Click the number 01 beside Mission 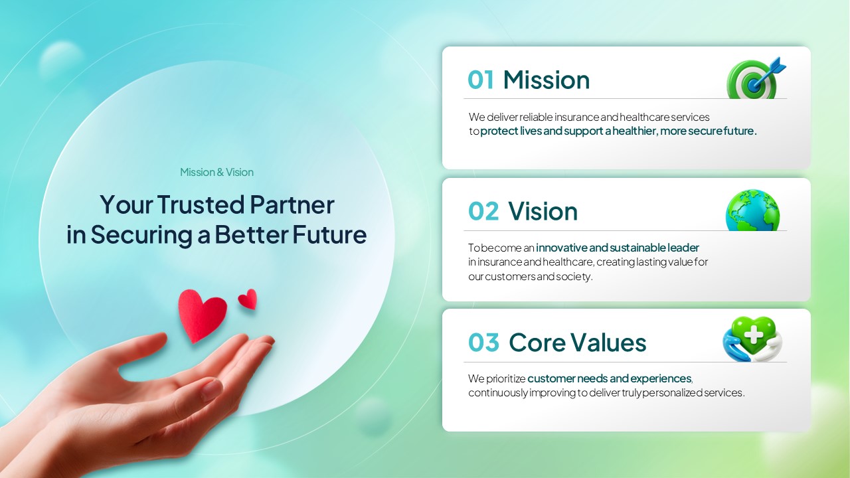point(481,80)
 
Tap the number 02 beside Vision point(483,211)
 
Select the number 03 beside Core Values point(484,343)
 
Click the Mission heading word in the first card point(547,80)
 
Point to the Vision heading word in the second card point(543,211)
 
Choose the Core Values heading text point(577,342)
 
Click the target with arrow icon point(756,78)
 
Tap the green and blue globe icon point(753,210)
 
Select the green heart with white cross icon point(752,339)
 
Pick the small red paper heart point(248,299)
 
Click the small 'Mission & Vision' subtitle point(216,172)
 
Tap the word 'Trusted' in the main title point(201,204)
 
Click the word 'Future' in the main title point(329,234)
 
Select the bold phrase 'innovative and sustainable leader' point(618,248)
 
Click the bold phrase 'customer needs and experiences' point(610,378)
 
